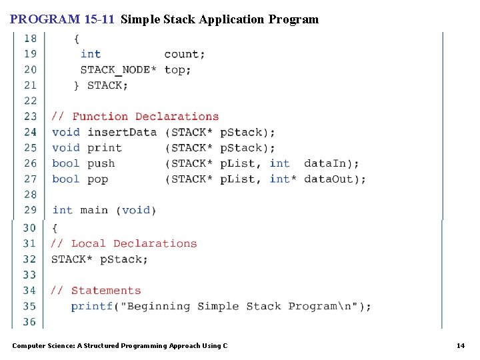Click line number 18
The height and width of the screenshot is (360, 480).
[31, 39]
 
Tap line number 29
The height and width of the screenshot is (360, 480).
[31, 211]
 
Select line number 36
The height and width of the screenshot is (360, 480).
[30, 322]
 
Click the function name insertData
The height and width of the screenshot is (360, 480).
[122, 132]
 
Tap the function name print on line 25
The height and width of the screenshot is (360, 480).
[105, 148]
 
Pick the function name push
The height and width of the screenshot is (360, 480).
[101, 163]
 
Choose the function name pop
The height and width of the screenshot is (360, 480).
[98, 179]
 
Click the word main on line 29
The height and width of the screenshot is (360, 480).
[94, 211]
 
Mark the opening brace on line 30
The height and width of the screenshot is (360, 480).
[55, 228]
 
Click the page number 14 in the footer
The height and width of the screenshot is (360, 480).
[460, 345]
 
